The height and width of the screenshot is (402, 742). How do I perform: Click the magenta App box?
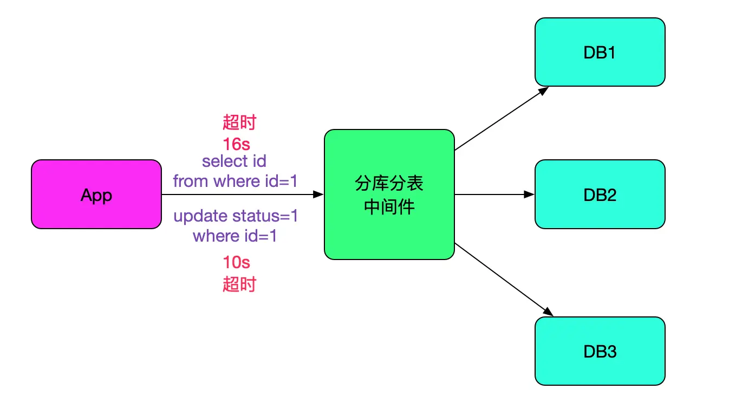coord(96,194)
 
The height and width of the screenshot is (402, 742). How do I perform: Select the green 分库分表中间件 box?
coord(389,228)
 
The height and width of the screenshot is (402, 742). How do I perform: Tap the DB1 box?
coord(600,52)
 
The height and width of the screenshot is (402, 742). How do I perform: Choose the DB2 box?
coord(600,194)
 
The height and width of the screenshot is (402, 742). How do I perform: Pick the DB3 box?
coord(600,351)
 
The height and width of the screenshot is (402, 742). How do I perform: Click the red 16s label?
coord(236,144)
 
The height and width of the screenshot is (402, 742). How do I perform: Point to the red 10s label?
coord(236,263)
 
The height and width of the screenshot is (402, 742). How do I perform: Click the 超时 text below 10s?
coord(239,284)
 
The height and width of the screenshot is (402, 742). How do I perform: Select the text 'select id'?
coord(234,161)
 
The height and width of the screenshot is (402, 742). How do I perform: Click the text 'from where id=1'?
coord(236,181)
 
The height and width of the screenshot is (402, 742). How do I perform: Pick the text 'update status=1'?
coord(236,216)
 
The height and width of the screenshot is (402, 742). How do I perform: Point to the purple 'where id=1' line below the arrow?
coord(235,236)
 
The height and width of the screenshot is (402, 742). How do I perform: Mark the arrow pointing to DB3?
coord(504,280)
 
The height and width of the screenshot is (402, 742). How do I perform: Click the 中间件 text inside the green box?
coord(389,207)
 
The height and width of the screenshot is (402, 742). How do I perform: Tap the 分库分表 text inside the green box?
coord(389,184)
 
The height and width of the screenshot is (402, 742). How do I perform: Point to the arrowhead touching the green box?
coord(319,194)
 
